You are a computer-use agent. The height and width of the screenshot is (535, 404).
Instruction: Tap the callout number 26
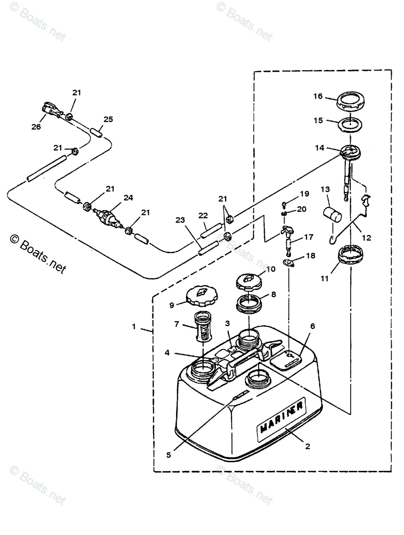[x=36, y=127]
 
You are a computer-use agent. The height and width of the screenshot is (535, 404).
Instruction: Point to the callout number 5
[x=169, y=455]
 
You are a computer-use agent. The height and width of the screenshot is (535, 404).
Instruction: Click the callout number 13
[x=324, y=189]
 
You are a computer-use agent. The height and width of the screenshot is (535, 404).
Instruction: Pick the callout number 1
[x=133, y=326]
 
